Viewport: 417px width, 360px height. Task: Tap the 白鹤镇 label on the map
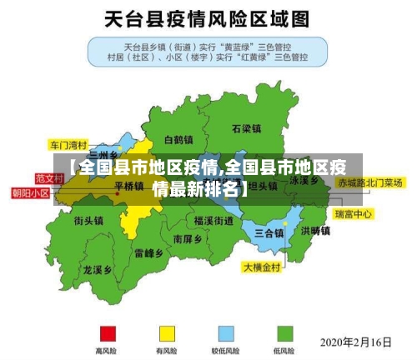click(178, 139)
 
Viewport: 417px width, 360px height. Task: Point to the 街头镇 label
click(88, 221)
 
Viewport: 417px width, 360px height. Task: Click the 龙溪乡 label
click(98, 270)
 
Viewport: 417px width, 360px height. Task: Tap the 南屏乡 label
click(188, 238)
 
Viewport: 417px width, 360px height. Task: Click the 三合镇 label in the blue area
click(269, 232)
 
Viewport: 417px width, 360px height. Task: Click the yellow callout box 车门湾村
click(68, 143)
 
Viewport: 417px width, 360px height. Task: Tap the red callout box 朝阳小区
click(30, 192)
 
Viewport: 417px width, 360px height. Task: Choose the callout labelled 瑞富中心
click(353, 214)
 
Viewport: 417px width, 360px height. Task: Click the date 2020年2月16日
click(355, 342)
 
